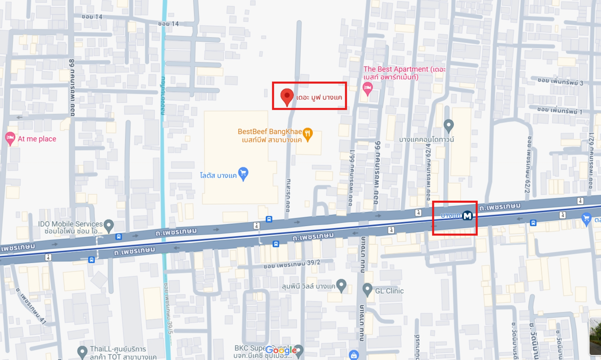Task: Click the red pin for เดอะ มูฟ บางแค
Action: tap(287, 96)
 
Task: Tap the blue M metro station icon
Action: tap(467, 216)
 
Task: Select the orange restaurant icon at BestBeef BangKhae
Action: tap(308, 134)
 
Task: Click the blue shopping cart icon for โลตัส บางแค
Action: tap(243, 173)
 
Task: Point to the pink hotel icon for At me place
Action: tap(10, 138)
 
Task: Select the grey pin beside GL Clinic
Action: tap(367, 289)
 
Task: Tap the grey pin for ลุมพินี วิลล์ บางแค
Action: tap(342, 285)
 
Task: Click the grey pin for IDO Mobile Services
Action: tap(109, 225)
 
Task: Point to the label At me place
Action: tap(37, 139)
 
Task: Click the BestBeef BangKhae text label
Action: tap(269, 132)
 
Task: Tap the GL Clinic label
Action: tap(389, 291)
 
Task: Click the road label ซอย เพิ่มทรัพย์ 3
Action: tap(560, 81)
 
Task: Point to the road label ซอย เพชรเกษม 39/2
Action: tap(292, 264)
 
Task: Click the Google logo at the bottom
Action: tap(281, 350)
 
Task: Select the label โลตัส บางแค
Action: tap(218, 176)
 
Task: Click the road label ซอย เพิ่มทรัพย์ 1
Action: tap(559, 110)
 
